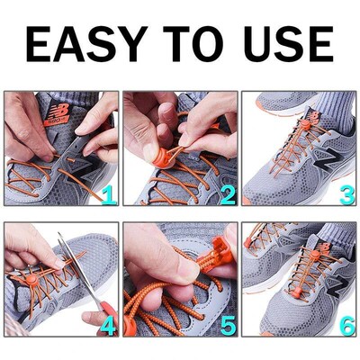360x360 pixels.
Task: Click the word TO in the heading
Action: click(196, 45)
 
